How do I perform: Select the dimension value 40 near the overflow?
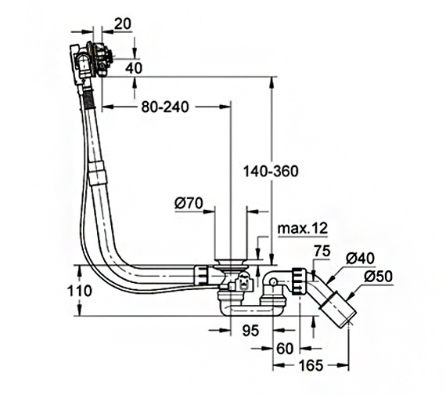(x=134, y=68)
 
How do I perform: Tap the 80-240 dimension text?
(x=165, y=107)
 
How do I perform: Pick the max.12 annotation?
(x=302, y=228)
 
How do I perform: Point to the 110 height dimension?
(x=79, y=291)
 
